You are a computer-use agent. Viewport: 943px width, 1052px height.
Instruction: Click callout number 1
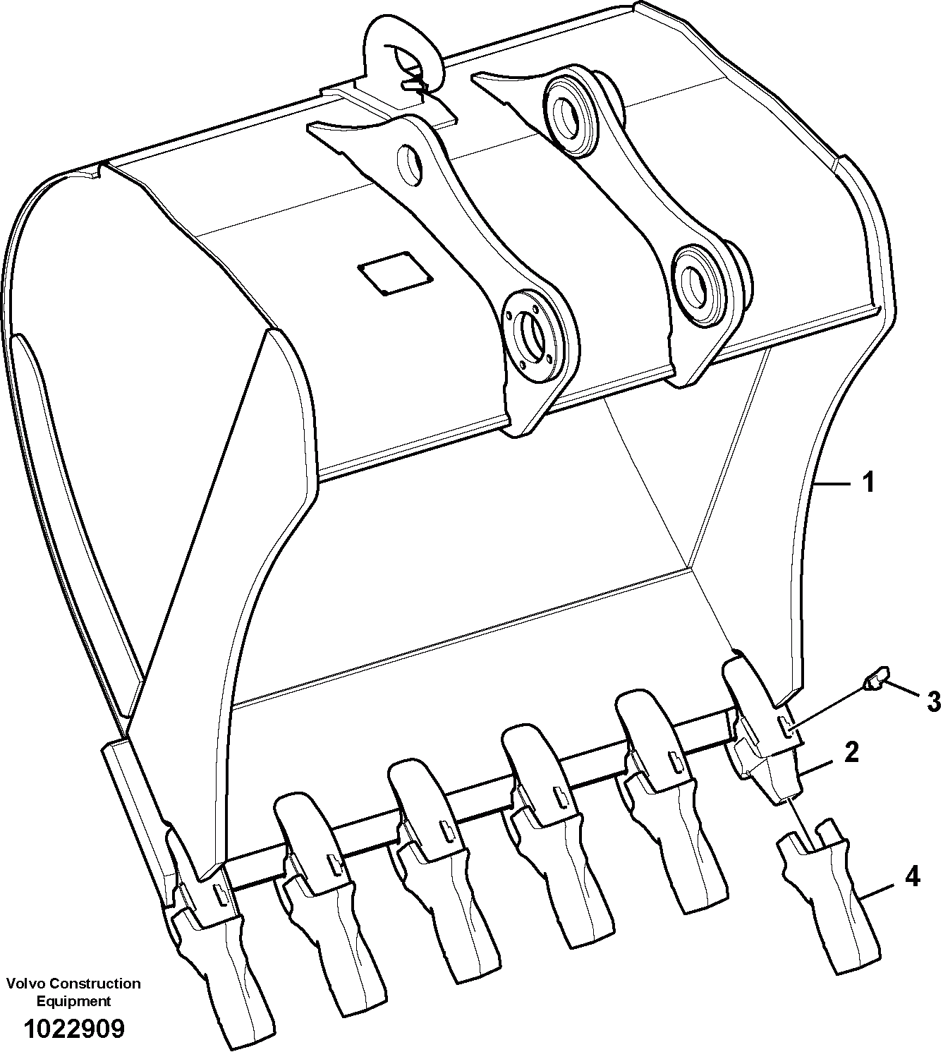868,483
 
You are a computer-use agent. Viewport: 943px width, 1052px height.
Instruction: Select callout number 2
851,754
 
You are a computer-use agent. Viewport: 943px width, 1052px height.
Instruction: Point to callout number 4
911,877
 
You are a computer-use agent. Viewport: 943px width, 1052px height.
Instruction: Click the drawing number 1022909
74,1029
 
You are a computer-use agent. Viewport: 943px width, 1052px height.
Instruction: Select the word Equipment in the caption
74,1000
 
